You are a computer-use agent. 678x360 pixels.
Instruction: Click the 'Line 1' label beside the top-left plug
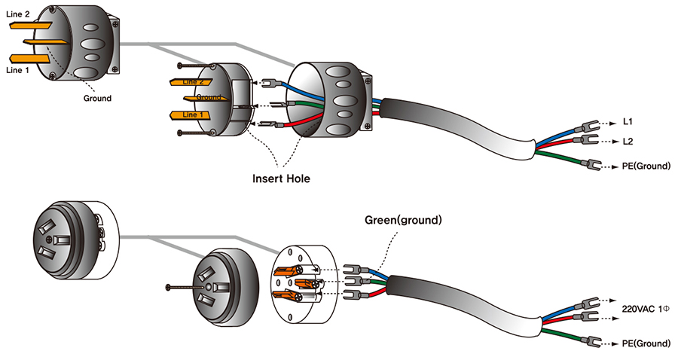pyautogui.click(x=18, y=69)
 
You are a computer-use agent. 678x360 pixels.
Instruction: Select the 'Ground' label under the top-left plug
pyautogui.click(x=96, y=98)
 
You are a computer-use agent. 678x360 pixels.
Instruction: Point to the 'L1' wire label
pyautogui.click(x=628, y=121)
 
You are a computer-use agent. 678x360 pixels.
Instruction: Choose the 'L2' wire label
pyautogui.click(x=628, y=141)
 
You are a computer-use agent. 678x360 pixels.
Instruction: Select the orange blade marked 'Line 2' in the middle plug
pyautogui.click(x=193, y=81)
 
